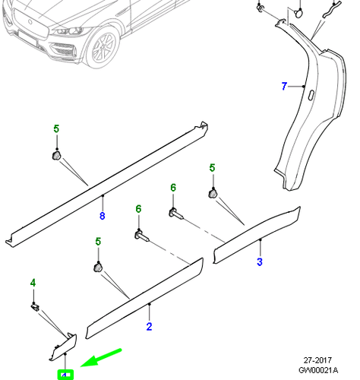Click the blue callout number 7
point(284,87)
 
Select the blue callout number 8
point(102,217)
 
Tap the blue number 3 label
point(260,262)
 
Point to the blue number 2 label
point(150,327)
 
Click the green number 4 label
point(33,283)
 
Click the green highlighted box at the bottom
point(66,374)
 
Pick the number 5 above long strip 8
point(55,129)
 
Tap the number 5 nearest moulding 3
point(213,168)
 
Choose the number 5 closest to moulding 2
point(98,242)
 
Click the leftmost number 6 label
point(138,209)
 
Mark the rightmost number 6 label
point(172,188)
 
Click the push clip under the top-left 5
point(56,155)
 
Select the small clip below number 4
point(35,306)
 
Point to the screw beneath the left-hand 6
point(141,235)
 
